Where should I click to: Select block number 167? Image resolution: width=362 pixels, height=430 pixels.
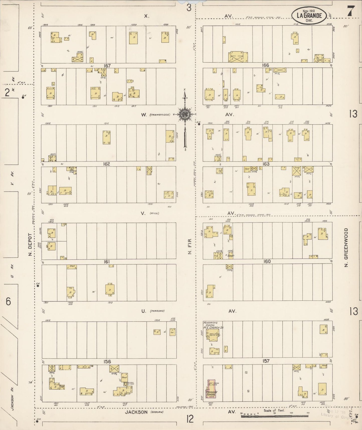(107, 66)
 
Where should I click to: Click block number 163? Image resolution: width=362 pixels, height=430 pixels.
(266, 164)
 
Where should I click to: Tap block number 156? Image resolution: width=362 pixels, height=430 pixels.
(107, 362)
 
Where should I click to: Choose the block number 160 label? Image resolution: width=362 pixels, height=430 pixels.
(267, 261)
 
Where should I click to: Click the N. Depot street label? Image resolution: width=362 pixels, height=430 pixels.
(30, 245)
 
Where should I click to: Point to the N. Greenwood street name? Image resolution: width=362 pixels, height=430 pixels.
(346, 247)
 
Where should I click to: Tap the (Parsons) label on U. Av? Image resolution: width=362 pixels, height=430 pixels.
(157, 311)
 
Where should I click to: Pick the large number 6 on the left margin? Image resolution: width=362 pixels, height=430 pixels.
(8, 301)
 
